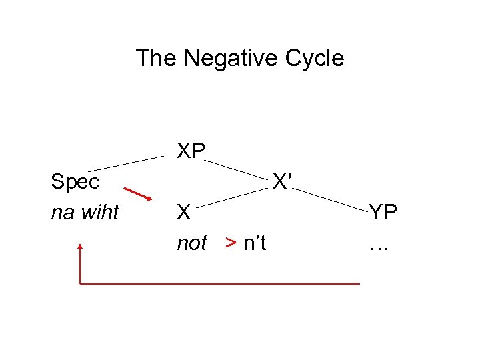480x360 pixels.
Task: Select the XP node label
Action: (x=191, y=151)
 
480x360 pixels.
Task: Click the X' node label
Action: (x=283, y=181)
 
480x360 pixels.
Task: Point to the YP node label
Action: (x=383, y=213)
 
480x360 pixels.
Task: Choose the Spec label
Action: (x=75, y=181)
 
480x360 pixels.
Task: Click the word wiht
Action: (x=101, y=213)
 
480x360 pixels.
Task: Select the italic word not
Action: (x=191, y=244)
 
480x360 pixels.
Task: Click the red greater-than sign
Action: (x=231, y=244)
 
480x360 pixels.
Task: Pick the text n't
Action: (x=255, y=244)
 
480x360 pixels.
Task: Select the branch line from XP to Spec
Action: (x=126, y=163)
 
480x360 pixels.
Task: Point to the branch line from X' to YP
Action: (x=332, y=198)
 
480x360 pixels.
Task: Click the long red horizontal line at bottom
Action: (x=220, y=284)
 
